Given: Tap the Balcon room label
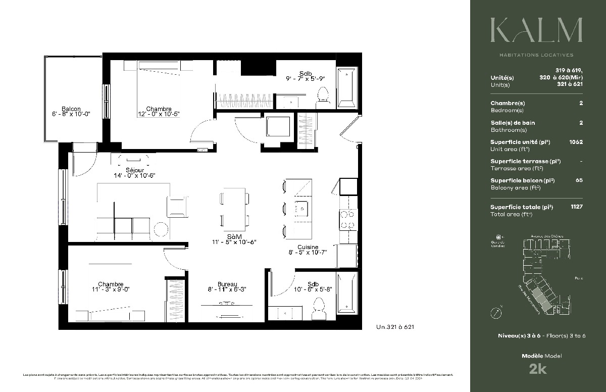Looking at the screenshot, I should pyautogui.click(x=71, y=109).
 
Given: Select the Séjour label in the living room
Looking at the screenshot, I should pyautogui.click(x=135, y=170).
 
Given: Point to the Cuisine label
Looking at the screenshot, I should pyautogui.click(x=307, y=248).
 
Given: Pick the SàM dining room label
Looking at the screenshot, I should pyautogui.click(x=233, y=236).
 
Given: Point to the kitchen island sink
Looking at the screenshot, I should pyautogui.click(x=302, y=207).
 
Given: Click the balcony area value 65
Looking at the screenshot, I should pyautogui.click(x=579, y=180).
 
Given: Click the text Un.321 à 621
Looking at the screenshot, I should pyautogui.click(x=395, y=327).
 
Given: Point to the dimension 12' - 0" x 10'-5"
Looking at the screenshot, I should pyautogui.click(x=159, y=115).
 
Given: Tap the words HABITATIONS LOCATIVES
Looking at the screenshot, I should pyautogui.click(x=536, y=55).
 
